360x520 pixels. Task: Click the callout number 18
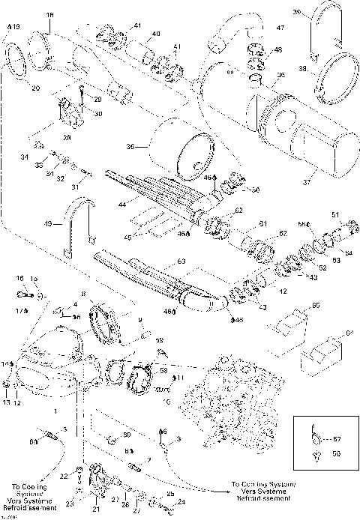click(x=50, y=14)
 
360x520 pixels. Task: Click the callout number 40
click(x=157, y=34)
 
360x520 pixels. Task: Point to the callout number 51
click(x=334, y=215)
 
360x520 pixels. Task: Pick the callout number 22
click(x=64, y=476)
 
